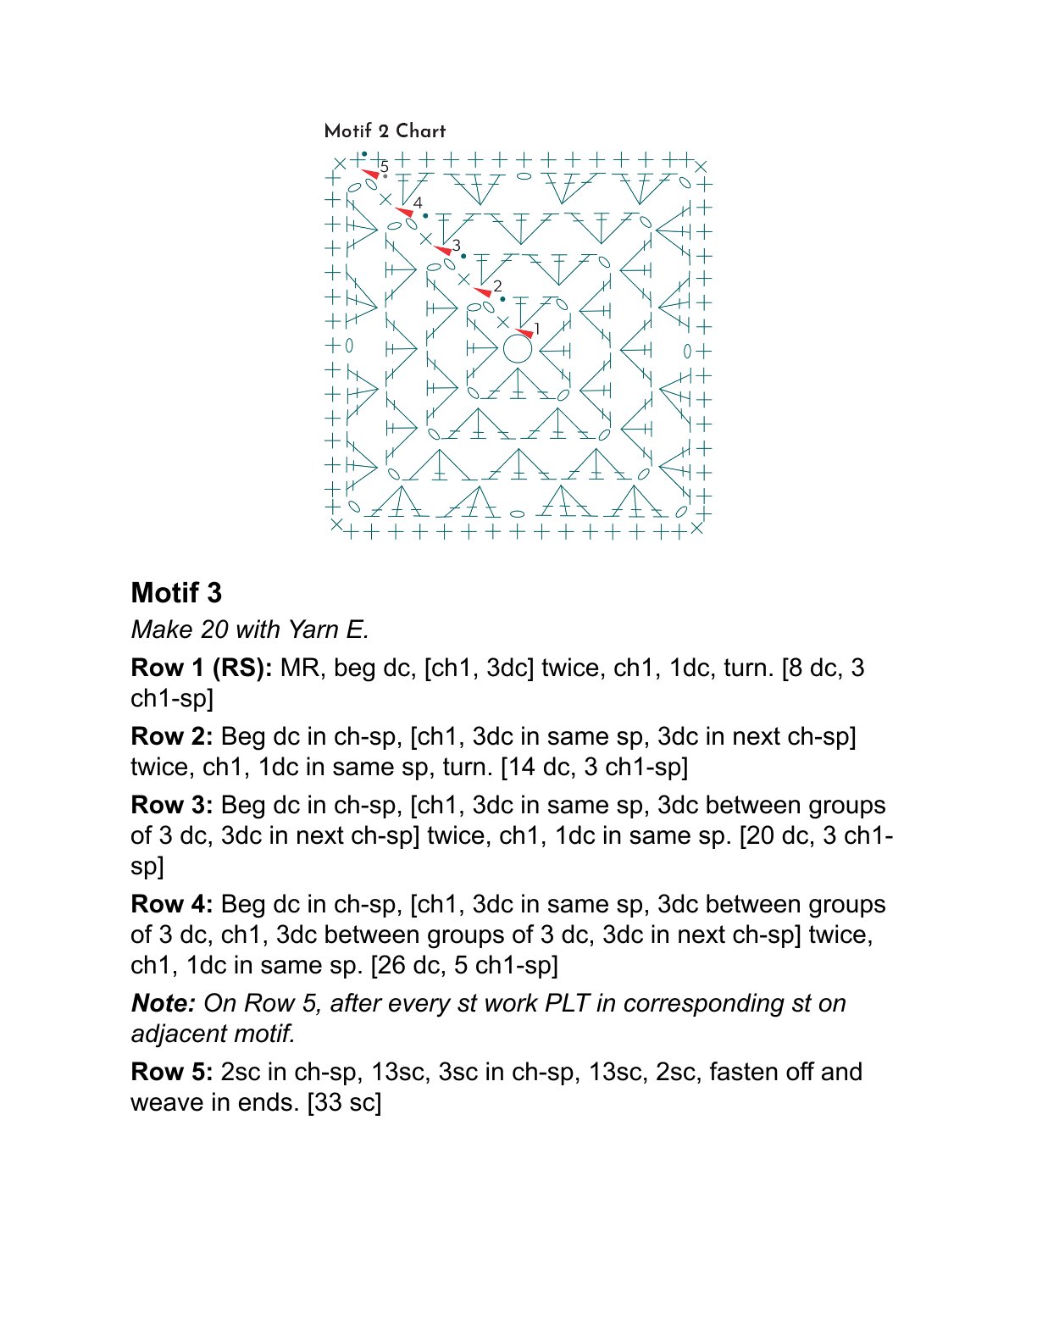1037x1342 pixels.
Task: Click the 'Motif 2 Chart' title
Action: (x=385, y=131)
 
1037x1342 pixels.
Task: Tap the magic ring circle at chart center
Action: (x=517, y=348)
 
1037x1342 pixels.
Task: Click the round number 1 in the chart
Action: (x=537, y=329)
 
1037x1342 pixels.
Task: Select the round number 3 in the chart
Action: (x=457, y=245)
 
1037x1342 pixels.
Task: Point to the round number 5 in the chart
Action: (x=385, y=166)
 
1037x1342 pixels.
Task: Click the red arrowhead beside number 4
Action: (x=404, y=211)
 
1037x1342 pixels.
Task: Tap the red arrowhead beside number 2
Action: (x=482, y=291)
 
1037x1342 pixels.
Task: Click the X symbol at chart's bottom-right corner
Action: (x=696, y=528)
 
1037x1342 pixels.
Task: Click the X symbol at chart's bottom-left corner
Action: (x=336, y=525)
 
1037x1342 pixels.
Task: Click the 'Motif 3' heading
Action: (x=176, y=593)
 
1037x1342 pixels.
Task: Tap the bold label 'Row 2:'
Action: (x=172, y=736)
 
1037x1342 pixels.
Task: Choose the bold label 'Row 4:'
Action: (x=172, y=904)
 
